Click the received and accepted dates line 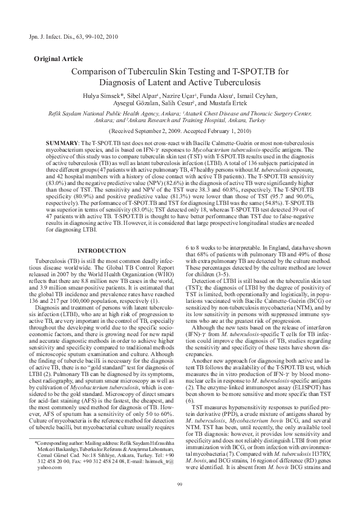(x=179, y=130)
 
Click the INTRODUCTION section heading (x=101, y=268)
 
